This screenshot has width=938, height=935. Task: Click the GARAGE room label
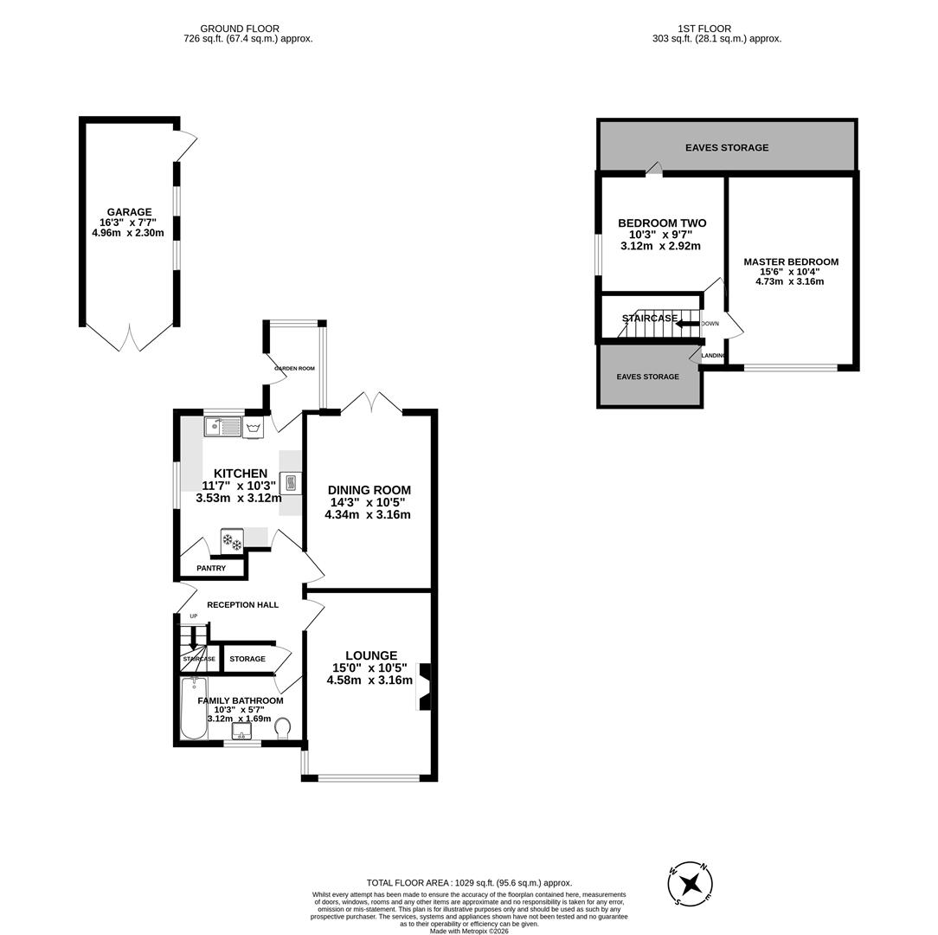click(129, 212)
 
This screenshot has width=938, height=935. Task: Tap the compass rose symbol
click(691, 884)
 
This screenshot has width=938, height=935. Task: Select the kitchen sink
click(222, 427)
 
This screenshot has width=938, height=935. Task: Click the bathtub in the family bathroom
click(194, 708)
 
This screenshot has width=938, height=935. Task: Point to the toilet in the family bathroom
click(282, 731)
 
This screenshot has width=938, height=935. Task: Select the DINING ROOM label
click(369, 490)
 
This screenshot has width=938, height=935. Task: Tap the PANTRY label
click(211, 569)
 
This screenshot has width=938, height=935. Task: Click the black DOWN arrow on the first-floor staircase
click(687, 324)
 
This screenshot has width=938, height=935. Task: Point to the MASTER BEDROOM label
click(790, 261)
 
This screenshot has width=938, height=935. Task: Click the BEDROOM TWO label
click(662, 223)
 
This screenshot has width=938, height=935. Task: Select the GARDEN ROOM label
click(294, 369)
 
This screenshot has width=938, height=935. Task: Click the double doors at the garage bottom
click(130, 338)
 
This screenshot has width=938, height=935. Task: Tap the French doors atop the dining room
click(371, 402)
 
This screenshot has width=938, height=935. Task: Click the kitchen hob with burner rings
click(232, 540)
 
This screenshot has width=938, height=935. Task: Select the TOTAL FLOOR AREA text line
click(469, 883)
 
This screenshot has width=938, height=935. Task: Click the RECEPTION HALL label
click(242, 604)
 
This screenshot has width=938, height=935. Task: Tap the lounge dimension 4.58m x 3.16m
click(369, 680)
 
